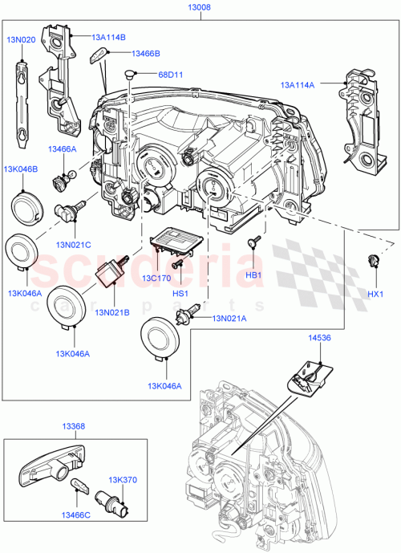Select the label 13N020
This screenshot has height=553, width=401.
tap(21, 37)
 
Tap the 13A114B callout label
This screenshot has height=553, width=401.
tap(107, 36)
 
